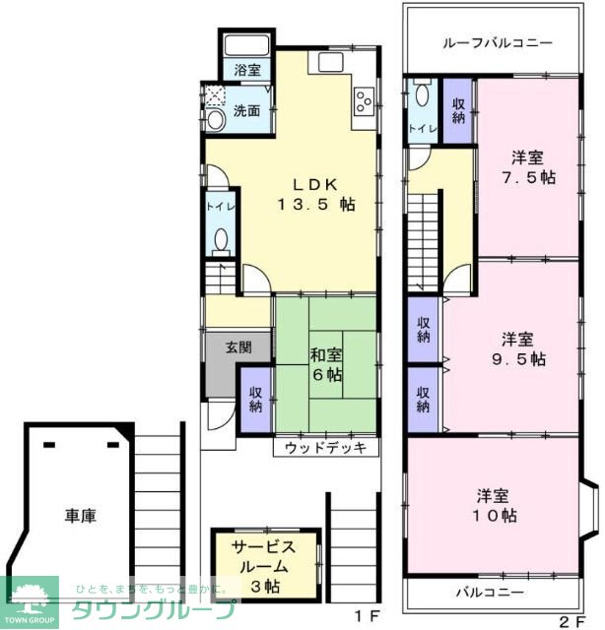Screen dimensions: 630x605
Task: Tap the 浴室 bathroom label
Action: [247, 71]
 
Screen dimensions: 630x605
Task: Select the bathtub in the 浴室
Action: [247, 45]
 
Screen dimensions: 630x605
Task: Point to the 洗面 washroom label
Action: [246, 111]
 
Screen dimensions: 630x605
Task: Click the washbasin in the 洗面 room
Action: [215, 120]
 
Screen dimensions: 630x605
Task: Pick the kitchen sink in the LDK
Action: [329, 61]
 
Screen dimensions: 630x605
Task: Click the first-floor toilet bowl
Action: [221, 240]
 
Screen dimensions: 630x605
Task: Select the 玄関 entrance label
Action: [237, 346]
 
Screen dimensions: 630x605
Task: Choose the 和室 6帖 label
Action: [326, 365]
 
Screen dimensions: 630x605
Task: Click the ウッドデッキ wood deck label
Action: [325, 449]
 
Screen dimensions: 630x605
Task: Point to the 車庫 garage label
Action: [82, 515]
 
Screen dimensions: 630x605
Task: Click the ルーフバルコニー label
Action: [497, 43]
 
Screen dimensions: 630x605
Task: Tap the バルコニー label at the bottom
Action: [490, 593]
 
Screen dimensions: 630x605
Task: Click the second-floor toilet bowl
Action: [422, 95]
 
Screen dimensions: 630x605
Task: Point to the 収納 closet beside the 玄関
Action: [255, 398]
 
